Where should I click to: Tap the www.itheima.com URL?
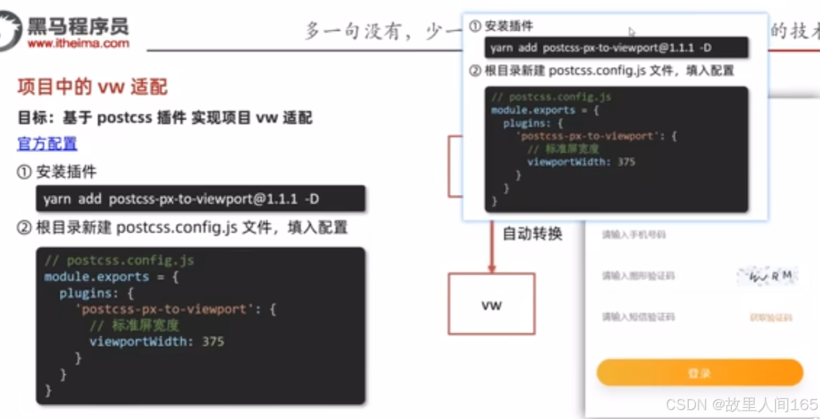coord(78,44)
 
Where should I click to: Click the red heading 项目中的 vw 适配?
coord(93,87)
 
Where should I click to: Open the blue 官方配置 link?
coord(48,144)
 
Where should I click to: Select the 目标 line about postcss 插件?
coord(165,117)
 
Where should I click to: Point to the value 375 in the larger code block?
coord(214,341)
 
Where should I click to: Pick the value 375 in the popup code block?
coord(627,162)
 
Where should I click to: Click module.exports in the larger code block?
coord(97,277)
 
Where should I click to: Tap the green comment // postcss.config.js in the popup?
coord(552,97)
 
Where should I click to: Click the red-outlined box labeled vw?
coord(491,304)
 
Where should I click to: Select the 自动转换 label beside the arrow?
coord(532,233)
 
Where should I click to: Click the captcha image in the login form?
coord(767,275)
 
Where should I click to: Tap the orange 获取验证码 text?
coord(771,318)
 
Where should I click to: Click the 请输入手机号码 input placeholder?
coord(634,234)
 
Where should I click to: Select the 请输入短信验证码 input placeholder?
coord(638,317)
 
